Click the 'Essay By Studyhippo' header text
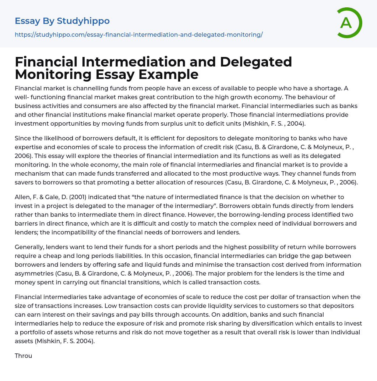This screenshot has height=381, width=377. [62, 21]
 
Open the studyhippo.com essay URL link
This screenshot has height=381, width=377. [138, 35]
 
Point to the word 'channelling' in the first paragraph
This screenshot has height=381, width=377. [80, 88]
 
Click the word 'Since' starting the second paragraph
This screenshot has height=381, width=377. [22, 138]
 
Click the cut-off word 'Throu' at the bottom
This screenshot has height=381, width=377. [23, 356]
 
